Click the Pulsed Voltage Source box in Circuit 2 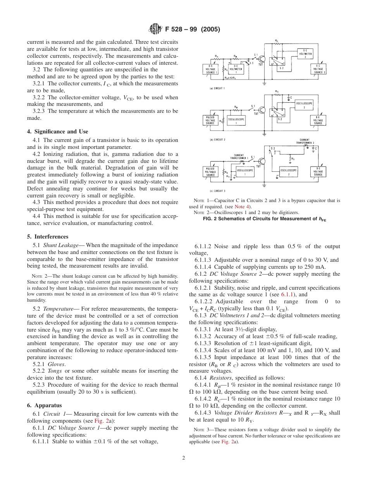coord(211,119)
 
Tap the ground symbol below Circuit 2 coord(264,134)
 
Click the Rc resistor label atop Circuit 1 coord(276,40)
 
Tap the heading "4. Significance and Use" coord(58,131)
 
